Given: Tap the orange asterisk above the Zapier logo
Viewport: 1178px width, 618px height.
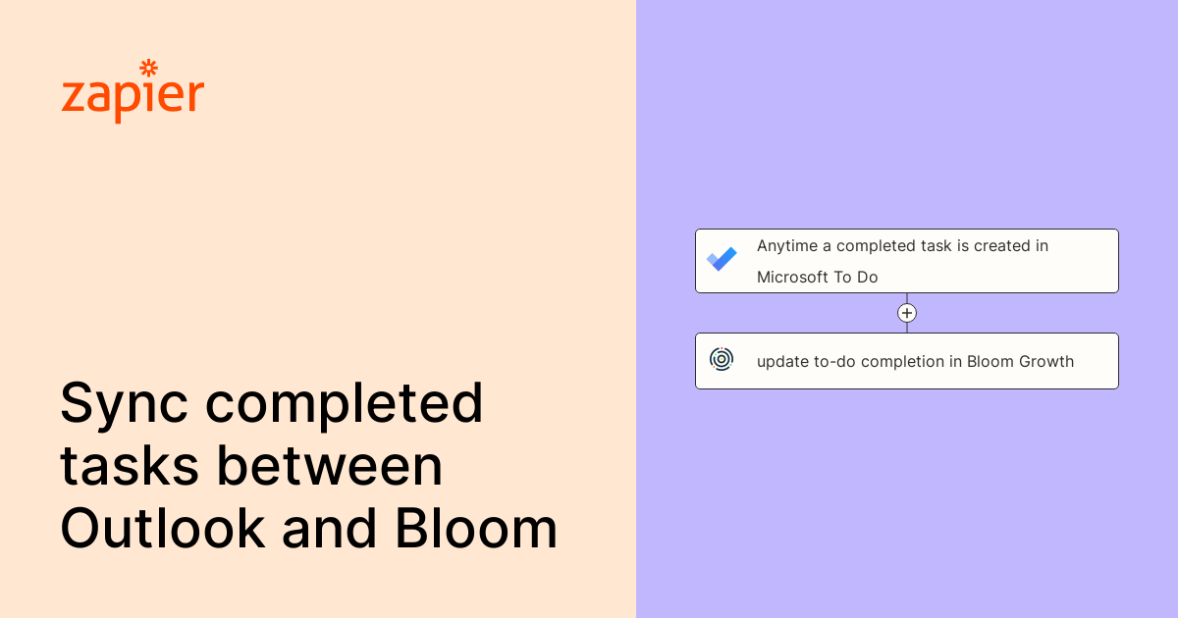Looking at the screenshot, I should click(149, 68).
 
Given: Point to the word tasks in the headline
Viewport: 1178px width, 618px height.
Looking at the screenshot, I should click(129, 467).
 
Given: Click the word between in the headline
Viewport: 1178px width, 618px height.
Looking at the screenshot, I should click(330, 467).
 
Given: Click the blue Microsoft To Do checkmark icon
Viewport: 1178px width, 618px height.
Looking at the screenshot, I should click(722, 260).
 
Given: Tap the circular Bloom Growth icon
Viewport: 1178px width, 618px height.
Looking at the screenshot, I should click(722, 360).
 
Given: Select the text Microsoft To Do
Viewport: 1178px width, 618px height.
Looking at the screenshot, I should click(817, 278).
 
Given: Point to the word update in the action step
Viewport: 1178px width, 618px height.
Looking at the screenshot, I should click(781, 362).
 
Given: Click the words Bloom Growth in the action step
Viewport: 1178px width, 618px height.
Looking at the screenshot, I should click(1020, 362).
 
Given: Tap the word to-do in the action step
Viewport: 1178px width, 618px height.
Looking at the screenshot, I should click(836, 362).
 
